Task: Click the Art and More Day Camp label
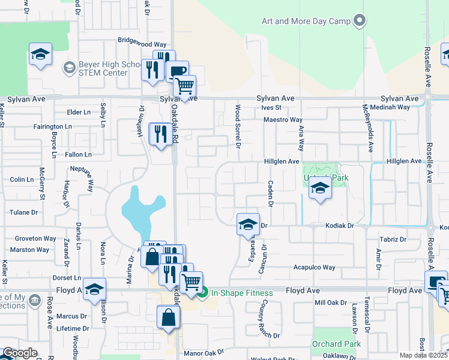306,21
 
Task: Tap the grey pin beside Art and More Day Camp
360,21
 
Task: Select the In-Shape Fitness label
242,293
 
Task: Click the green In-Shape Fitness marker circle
203,293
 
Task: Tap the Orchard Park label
336,344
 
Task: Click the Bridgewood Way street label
142,44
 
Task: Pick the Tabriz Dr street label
393,239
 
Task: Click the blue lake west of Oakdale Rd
140,210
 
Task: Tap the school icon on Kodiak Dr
248,225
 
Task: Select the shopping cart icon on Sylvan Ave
184,86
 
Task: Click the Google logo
19,353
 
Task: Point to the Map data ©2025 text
423,355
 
